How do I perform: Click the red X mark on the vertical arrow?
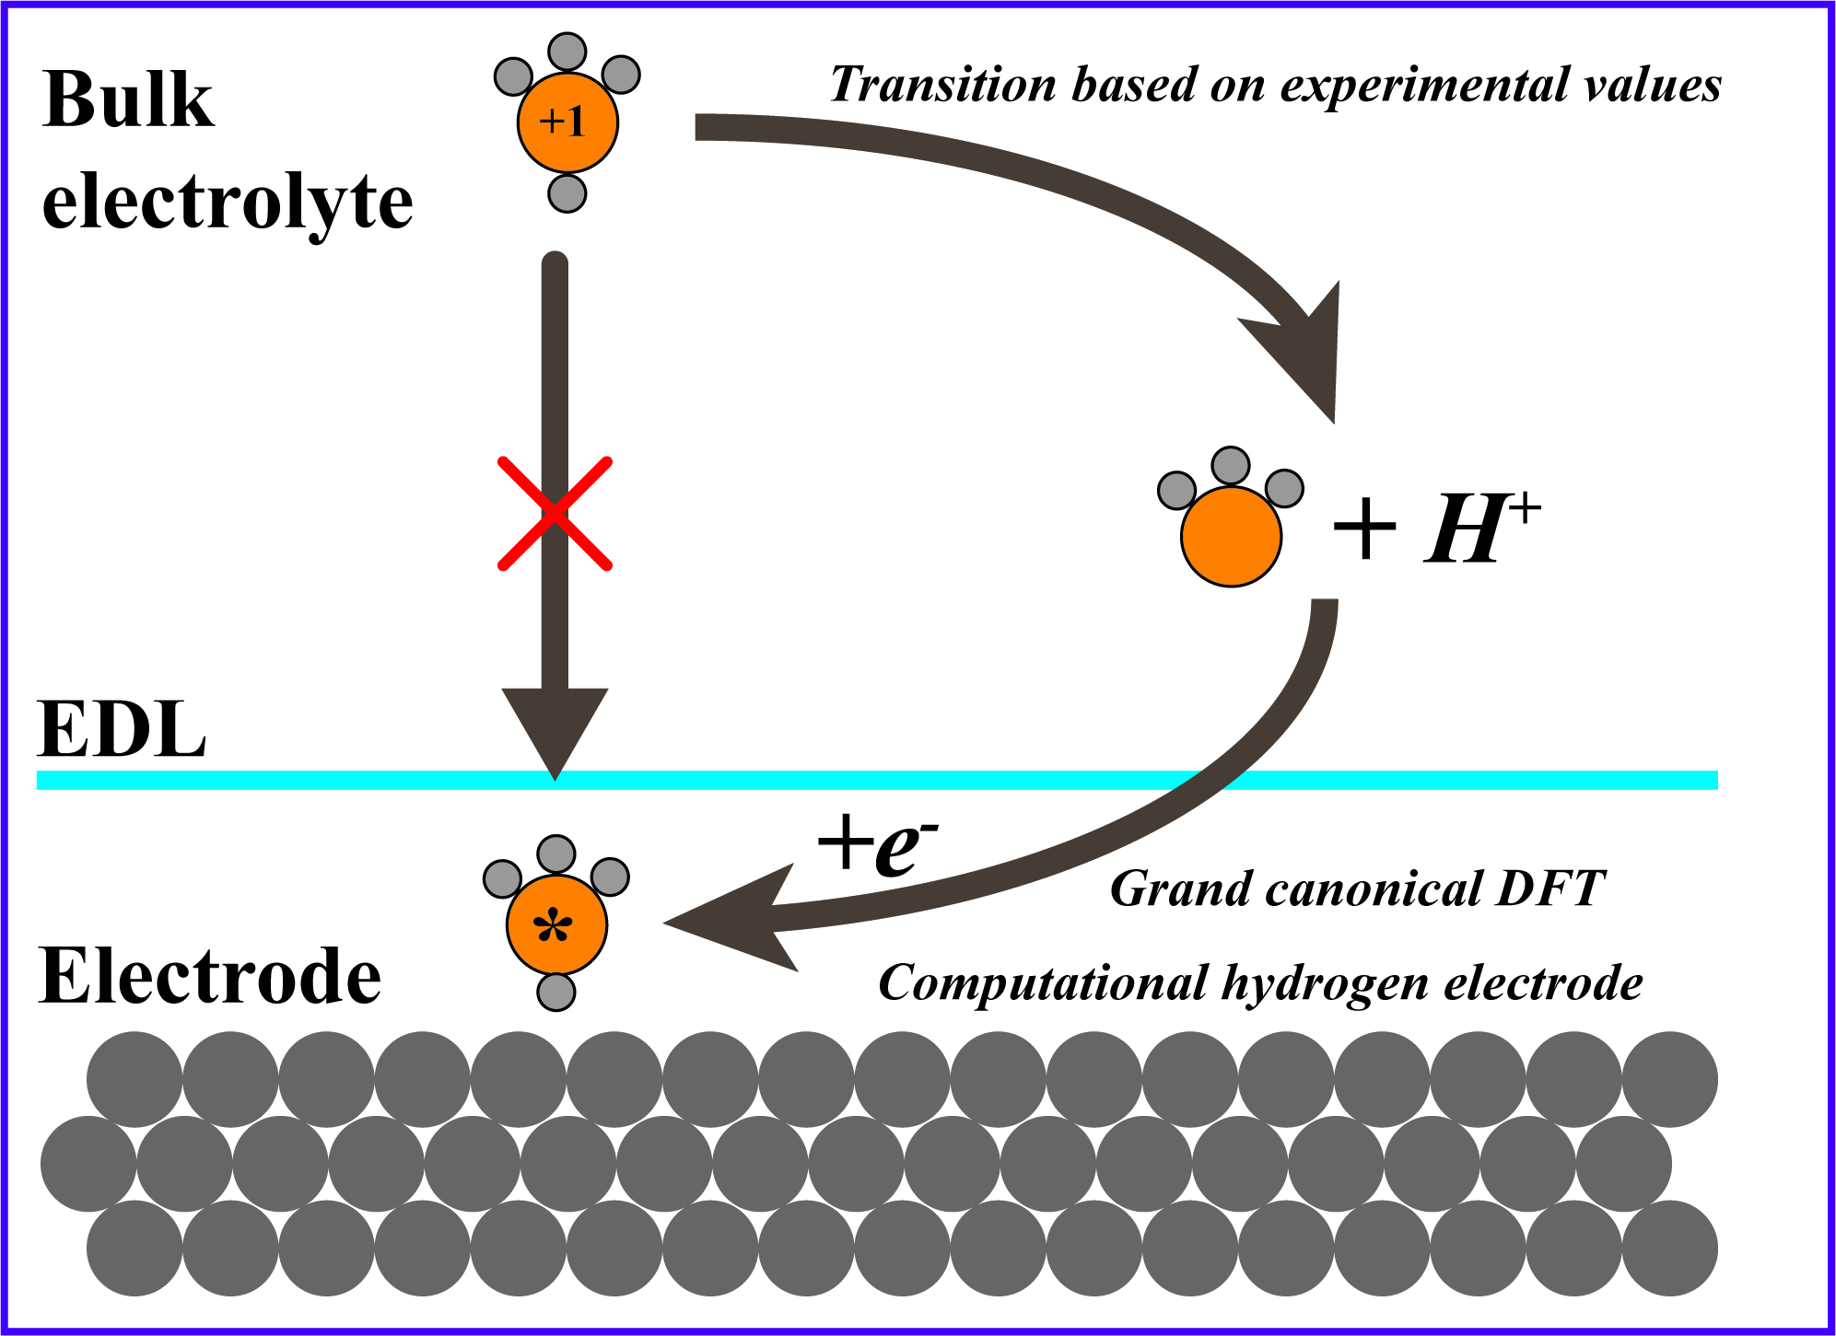pyautogui.click(x=555, y=513)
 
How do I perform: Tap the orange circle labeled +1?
pyautogui.click(x=567, y=122)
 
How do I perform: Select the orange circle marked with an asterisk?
pyautogui.click(x=556, y=924)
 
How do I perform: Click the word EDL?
pyautogui.click(x=122, y=730)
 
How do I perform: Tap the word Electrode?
pyautogui.click(x=210, y=976)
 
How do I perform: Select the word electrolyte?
pyautogui.click(x=228, y=202)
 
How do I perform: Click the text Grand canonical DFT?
pyautogui.click(x=1356, y=889)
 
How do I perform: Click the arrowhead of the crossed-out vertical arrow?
pyautogui.click(x=555, y=727)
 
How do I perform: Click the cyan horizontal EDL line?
pyautogui.click(x=921, y=780)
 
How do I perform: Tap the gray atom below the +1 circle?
pyautogui.click(x=567, y=193)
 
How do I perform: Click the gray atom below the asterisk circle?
pyautogui.click(x=556, y=993)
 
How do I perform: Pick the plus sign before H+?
pyautogui.click(x=1364, y=530)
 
